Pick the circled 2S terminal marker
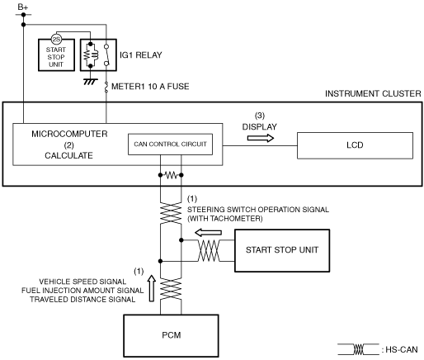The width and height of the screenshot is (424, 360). click(x=56, y=40)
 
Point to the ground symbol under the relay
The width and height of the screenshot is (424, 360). click(x=91, y=82)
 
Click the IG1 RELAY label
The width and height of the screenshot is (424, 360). click(x=141, y=55)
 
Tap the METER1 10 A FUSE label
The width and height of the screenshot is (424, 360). click(x=150, y=87)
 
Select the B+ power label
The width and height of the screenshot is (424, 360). click(x=23, y=7)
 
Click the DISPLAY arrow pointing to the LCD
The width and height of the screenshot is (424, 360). click(x=261, y=138)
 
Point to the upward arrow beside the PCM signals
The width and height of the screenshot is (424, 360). click(x=152, y=288)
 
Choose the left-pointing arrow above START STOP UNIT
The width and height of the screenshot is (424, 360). click(x=208, y=233)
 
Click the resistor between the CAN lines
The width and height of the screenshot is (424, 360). click(x=171, y=175)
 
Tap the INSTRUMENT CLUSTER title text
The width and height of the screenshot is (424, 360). click(x=373, y=93)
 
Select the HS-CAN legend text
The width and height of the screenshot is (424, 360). click(x=402, y=349)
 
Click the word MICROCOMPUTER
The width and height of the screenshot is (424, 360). click(x=69, y=134)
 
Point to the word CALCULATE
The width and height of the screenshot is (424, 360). click(x=68, y=155)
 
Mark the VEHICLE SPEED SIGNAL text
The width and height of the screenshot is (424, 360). click(x=82, y=282)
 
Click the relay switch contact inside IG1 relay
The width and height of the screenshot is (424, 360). click(x=106, y=55)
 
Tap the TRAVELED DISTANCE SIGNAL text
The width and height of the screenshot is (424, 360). click(x=82, y=300)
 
